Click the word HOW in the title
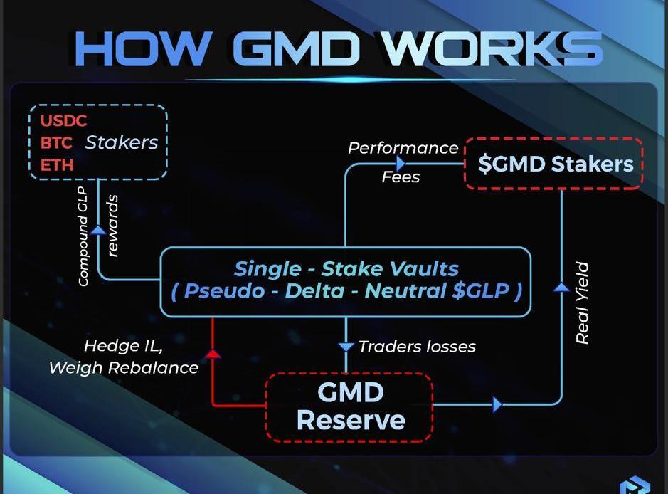[x=142, y=48]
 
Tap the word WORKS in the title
[x=492, y=48]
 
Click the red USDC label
[x=63, y=120]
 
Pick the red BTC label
[x=56, y=142]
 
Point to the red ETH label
[x=56, y=164]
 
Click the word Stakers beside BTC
[x=122, y=142]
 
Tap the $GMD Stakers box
[x=553, y=164]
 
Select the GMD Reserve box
[x=349, y=406]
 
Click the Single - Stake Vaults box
[x=346, y=280]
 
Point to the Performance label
[x=403, y=148]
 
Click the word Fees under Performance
[x=401, y=177]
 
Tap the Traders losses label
[x=417, y=347]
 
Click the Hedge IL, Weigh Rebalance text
[x=124, y=357]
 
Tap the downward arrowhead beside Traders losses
[x=346, y=347]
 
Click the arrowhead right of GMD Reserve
[x=497, y=405]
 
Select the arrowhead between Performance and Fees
[x=401, y=164]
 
